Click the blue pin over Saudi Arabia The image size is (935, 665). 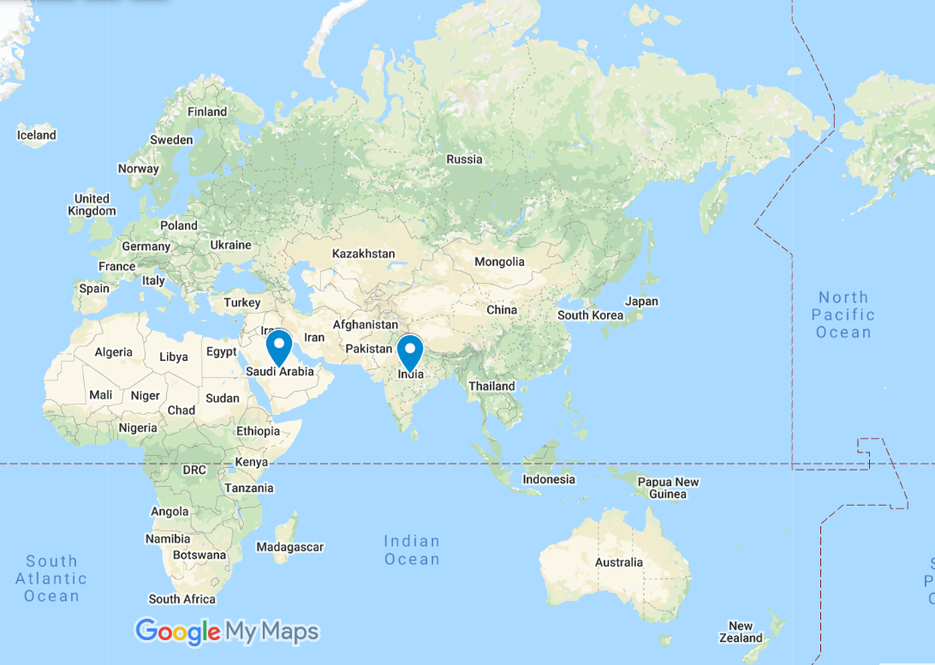pos(279,346)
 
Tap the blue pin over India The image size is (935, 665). pos(411,350)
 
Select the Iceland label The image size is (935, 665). pos(37,135)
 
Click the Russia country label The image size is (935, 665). pos(464,159)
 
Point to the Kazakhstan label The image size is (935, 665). pos(363,254)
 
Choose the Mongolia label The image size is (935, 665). pos(498,261)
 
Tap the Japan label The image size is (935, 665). pos(641,301)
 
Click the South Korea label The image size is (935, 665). pos(590,315)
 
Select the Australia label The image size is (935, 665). pos(618,563)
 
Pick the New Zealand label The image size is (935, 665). pos(741,632)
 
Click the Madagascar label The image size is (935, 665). pos(289,547)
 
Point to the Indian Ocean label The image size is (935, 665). pos(412,550)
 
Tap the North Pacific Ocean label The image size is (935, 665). pos(843,315)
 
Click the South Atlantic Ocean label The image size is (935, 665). pos(51,578)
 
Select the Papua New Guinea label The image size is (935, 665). pos(668,488)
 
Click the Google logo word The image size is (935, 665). pos(178,632)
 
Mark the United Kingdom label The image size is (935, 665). pos(92,205)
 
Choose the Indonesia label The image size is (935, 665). pos(549,479)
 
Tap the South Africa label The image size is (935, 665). pos(182,599)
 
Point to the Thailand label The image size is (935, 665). pos(491,386)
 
